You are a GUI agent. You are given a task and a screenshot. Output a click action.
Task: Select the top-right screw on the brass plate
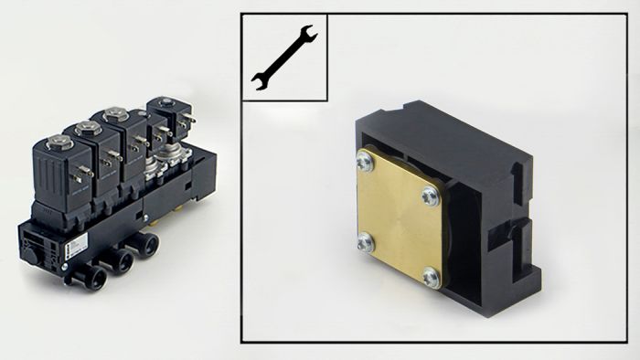(430, 195)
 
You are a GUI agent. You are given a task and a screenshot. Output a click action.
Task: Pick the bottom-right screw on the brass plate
(431, 276)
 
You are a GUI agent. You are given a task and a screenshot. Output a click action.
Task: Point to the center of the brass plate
(399, 218)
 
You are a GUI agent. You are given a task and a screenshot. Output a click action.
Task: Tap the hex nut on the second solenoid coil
(88, 129)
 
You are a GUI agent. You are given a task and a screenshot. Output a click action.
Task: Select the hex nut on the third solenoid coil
(114, 114)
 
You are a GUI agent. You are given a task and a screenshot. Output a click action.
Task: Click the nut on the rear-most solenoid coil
(165, 102)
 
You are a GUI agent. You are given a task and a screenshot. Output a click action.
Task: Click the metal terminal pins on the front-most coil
(82, 172)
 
